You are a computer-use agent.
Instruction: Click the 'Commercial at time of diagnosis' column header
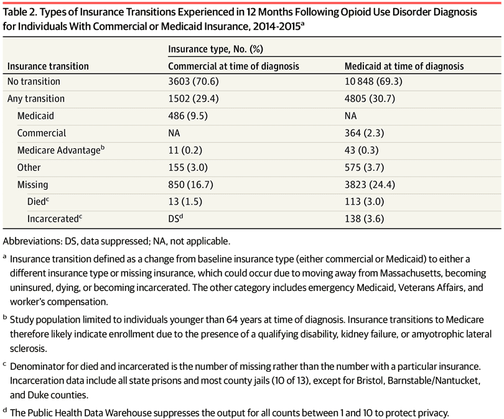(x=234, y=66)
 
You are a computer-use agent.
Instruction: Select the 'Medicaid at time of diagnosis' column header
(x=404, y=66)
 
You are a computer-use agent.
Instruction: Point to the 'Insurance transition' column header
(x=48, y=66)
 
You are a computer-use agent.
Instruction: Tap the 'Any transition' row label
(x=35, y=99)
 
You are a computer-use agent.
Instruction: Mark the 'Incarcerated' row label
(x=53, y=219)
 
